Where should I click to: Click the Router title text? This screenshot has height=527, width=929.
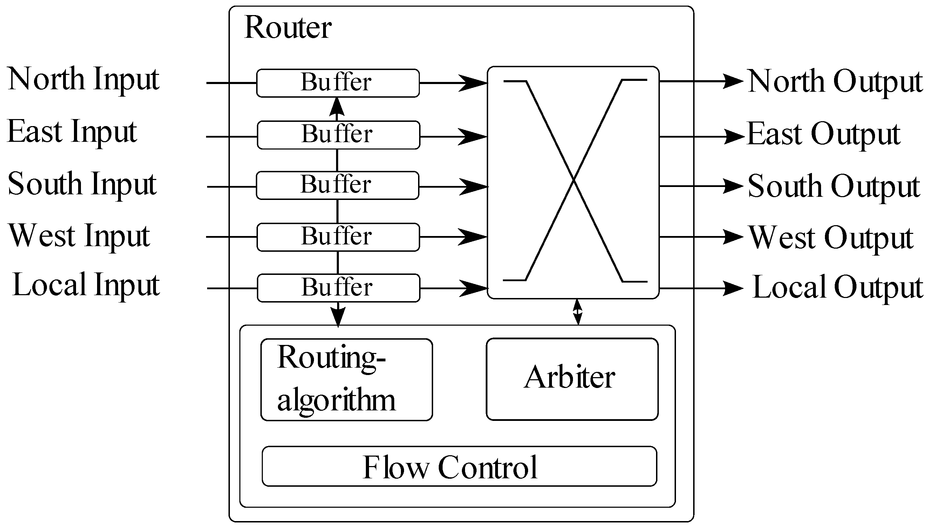[x=288, y=28]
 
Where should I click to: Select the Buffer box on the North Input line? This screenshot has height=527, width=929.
[x=337, y=83]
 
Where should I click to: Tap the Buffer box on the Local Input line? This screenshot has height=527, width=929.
[x=338, y=288]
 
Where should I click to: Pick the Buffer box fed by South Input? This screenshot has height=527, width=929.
[x=337, y=185]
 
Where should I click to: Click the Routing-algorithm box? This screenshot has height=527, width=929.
[x=346, y=380]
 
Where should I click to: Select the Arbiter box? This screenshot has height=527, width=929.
[x=572, y=379]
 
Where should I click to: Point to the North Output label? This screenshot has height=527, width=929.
[x=835, y=82]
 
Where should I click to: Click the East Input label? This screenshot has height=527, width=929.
[x=72, y=132]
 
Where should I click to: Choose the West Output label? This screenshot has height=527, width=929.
[x=831, y=238]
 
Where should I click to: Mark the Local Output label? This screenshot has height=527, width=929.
[x=837, y=287]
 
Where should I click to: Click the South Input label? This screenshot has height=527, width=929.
[x=82, y=185]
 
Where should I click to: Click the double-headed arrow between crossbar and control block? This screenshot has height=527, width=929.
[x=578, y=312]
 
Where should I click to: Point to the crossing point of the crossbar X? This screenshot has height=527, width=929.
[x=574, y=180]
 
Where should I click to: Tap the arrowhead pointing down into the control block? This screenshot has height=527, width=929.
[x=338, y=317]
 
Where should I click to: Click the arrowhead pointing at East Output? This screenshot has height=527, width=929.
[x=733, y=137]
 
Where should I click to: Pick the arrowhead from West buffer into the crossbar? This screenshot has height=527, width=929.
[x=473, y=237]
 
